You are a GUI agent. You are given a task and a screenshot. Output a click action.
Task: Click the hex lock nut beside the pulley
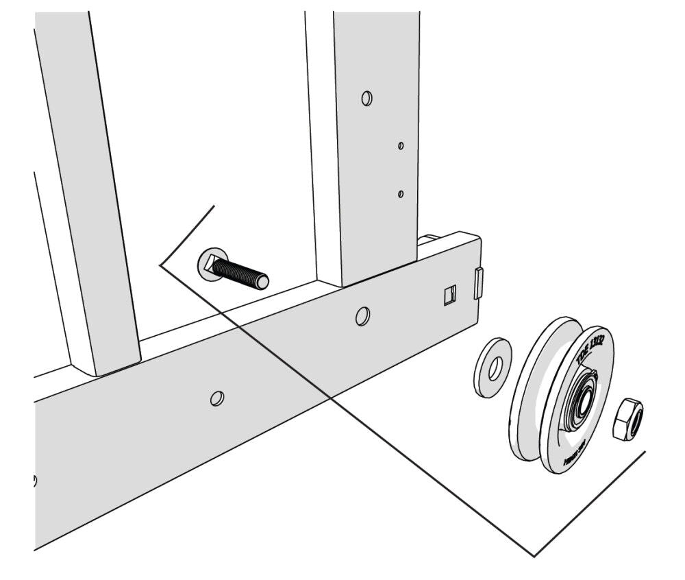pos(626,420)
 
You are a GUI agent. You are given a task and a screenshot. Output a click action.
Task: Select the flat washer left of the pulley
pos(492,366)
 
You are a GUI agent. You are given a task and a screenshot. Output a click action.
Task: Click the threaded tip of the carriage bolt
pos(261,281)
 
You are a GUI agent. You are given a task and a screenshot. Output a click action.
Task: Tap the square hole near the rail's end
pos(449,295)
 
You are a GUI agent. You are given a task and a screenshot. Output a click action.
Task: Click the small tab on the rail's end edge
pos(478,283)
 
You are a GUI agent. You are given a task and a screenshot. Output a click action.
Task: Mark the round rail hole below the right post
pos(362,316)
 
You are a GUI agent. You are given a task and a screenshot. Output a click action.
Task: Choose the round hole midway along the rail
pos(217,398)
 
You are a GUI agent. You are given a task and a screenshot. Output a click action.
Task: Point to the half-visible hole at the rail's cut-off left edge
pos(35,479)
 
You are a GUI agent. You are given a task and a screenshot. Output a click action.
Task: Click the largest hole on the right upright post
pos(367,98)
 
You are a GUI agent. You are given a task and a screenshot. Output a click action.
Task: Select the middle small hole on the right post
pos(401,145)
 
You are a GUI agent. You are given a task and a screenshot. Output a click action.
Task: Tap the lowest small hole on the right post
pos(401,194)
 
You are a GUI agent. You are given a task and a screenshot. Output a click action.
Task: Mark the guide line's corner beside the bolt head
pos(160,264)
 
